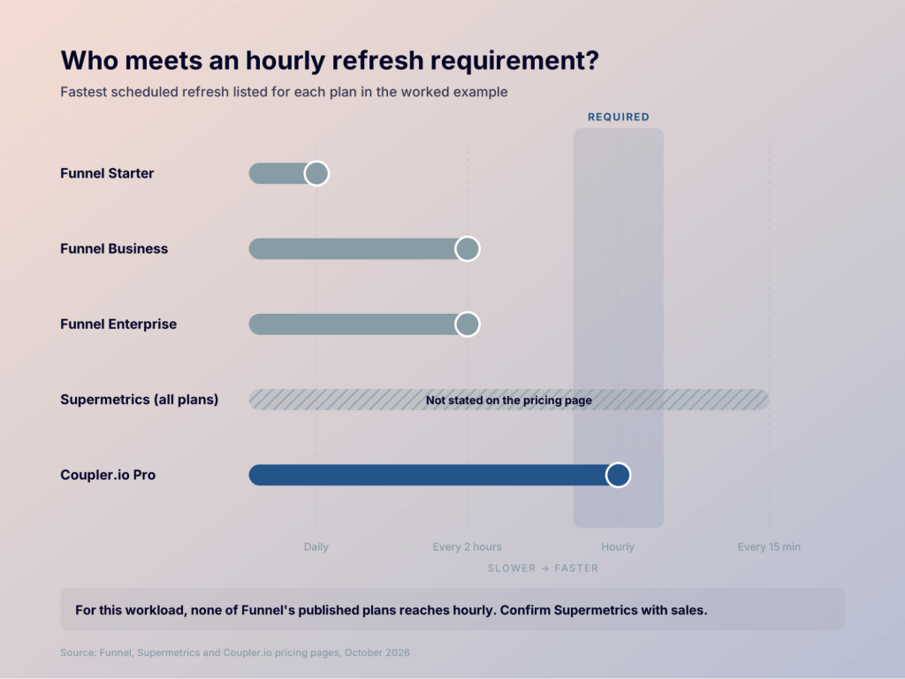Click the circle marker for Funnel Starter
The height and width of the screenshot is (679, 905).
[316, 173]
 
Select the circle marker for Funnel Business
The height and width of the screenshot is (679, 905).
[468, 248]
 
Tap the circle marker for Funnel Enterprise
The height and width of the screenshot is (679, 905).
[468, 324]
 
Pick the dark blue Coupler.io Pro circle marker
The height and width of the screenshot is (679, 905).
[618, 475]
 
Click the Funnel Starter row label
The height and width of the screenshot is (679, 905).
[107, 173]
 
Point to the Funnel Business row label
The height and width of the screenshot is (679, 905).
[114, 248]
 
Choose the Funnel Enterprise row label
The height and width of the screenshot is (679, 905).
[118, 324]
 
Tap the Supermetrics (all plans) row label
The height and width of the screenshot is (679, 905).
[140, 400]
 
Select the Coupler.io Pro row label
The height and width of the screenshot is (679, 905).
[108, 475]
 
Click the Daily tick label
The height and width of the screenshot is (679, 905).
[316, 546]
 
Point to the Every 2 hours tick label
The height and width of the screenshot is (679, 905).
[468, 546]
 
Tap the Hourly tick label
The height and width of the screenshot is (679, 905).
[618, 546]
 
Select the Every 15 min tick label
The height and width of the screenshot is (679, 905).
[769, 546]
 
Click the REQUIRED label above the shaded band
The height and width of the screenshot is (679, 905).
[619, 118]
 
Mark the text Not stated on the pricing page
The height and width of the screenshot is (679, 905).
[508, 401]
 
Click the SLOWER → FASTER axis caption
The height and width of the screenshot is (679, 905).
[544, 568]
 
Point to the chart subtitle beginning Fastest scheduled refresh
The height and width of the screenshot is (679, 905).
[284, 92]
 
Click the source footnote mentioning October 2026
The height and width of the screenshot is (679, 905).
[235, 653]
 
